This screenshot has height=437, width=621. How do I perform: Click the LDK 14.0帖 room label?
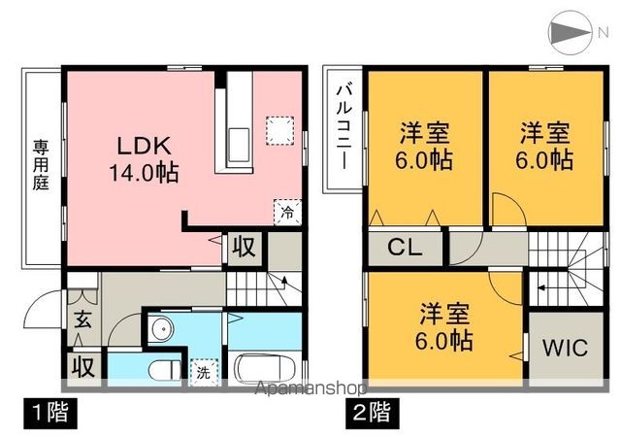(x=146, y=158)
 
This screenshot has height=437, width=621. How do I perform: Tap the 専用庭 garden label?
(x=41, y=166)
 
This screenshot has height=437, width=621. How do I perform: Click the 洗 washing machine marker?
(x=203, y=370)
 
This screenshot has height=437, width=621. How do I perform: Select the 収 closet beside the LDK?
(x=243, y=247)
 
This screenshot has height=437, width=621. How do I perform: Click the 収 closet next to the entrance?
(x=82, y=368)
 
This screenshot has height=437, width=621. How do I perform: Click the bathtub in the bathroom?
(x=265, y=369)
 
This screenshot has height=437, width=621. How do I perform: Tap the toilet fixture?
(x=164, y=370)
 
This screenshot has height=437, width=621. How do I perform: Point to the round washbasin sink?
(x=162, y=328)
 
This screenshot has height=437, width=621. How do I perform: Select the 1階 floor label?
(x=46, y=410)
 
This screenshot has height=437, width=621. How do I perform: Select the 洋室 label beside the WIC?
(x=446, y=327)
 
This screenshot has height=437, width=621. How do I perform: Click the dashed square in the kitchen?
(x=279, y=131)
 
